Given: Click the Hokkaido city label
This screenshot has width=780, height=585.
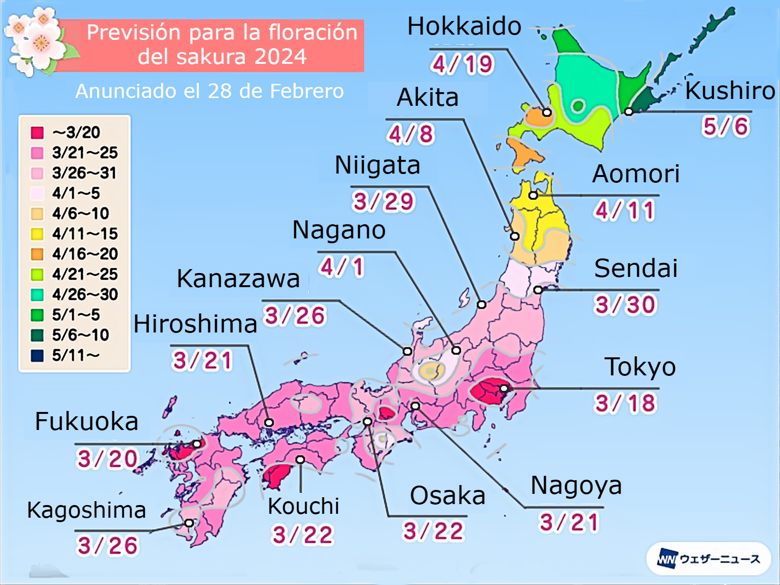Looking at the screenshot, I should [x=464, y=26].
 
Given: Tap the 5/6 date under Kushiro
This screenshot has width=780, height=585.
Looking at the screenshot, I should [x=725, y=126].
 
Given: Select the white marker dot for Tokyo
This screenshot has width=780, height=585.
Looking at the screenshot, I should [x=504, y=389].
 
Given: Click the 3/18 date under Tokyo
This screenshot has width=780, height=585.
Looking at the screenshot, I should [x=625, y=403].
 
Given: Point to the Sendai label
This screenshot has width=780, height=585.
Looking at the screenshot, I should [x=636, y=268].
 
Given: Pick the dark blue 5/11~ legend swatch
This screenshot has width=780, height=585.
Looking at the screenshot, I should [x=38, y=355].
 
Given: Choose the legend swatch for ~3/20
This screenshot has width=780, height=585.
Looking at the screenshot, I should [x=38, y=133].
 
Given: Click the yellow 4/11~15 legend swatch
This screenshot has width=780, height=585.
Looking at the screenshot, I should [x=38, y=234].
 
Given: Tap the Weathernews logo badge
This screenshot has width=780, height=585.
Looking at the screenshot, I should [x=708, y=559].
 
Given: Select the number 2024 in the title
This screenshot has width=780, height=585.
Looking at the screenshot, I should [x=280, y=57].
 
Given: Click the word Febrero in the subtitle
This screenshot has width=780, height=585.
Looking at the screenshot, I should [x=307, y=91].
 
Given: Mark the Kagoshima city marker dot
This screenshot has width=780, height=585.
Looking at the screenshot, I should [x=189, y=523].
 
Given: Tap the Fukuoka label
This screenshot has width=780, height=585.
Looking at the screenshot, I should [x=87, y=421].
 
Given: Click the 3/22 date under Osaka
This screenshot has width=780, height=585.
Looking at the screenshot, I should [x=433, y=531].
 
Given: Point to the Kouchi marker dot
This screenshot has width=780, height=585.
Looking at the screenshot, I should [x=300, y=460].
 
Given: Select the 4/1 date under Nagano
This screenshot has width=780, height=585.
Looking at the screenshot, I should [x=342, y=267].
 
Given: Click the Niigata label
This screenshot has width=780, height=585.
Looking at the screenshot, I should [x=377, y=165].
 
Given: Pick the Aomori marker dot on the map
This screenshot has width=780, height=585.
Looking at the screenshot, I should [x=533, y=195].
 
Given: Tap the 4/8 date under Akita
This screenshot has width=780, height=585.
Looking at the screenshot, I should [x=410, y=134].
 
